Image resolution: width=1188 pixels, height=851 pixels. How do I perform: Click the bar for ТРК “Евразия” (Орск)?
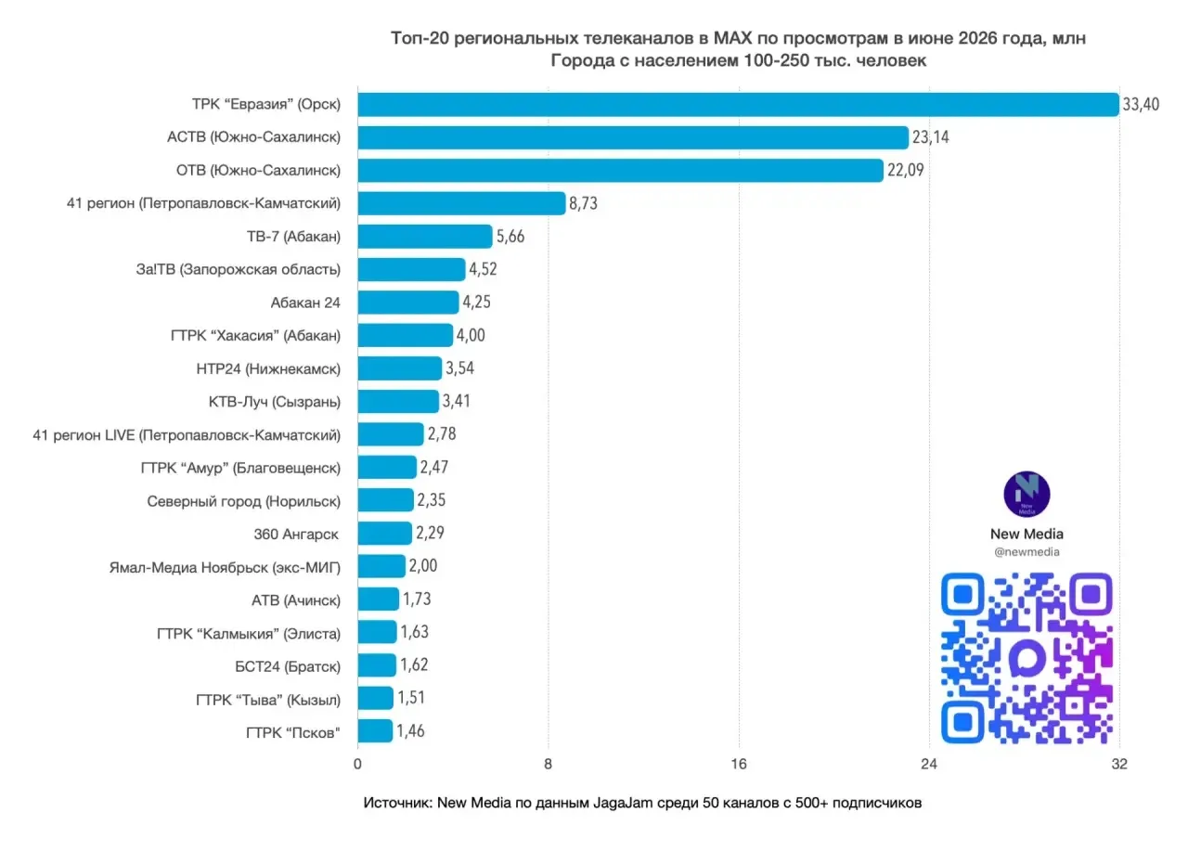(738, 105)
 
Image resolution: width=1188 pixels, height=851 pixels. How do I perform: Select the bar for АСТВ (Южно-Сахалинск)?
(633, 137)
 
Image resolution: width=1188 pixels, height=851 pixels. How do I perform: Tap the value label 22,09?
(905, 170)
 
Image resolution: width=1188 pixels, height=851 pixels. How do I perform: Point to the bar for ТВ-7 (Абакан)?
(425, 237)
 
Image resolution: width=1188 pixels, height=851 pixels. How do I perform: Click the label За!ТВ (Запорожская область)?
(239, 269)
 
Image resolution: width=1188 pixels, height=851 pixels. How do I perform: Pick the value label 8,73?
(583, 203)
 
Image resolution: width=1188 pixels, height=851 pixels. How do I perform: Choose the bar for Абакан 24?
(408, 303)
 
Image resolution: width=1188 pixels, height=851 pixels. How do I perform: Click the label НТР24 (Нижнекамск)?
(268, 368)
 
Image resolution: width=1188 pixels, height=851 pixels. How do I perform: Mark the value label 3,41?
(456, 401)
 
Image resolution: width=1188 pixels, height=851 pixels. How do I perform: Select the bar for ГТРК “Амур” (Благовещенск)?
(387, 467)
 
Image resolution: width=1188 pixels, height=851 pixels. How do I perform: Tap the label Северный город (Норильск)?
(243, 501)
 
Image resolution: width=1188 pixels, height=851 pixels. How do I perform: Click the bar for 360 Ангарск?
(385, 534)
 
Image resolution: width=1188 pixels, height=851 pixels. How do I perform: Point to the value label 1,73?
(417, 600)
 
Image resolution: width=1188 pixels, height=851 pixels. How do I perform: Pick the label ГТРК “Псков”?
(292, 733)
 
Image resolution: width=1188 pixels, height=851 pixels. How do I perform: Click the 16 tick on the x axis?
(738, 764)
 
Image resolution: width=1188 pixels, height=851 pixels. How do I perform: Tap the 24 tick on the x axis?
(929, 764)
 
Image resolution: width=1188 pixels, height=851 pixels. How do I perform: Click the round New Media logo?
(1027, 494)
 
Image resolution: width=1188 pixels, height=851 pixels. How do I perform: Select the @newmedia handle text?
(1027, 552)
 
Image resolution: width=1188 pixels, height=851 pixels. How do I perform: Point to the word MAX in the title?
(732, 38)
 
